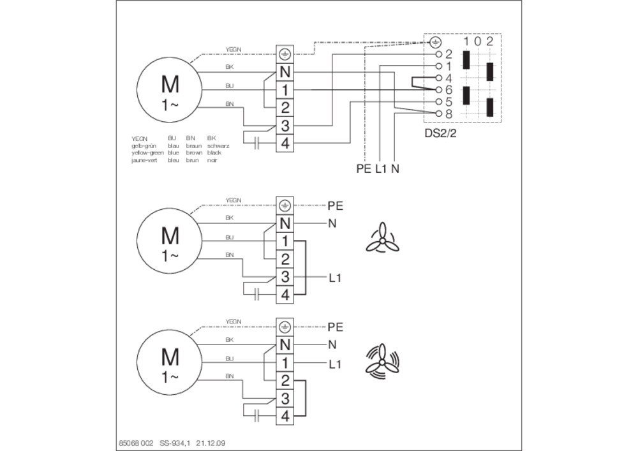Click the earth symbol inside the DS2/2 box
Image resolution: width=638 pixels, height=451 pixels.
coord(434,43)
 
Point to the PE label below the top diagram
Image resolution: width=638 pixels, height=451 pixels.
coord(364,169)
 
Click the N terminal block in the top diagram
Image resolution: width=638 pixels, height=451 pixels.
coord(285,72)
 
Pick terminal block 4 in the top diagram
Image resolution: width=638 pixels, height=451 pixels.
coord(285,142)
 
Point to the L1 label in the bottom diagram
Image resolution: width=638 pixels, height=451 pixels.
coord(336,364)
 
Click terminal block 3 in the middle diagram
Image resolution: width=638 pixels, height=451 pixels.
coord(285,277)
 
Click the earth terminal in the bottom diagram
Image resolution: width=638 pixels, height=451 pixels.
coord(285,327)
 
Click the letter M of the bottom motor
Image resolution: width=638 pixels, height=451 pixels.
coord(170,355)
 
